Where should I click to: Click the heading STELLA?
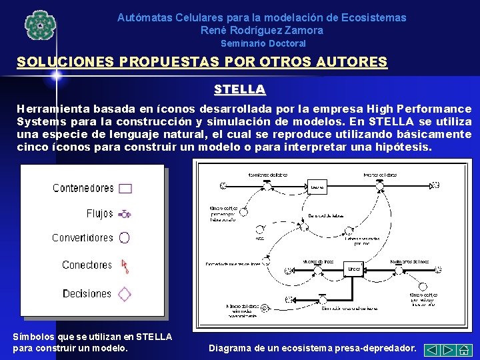[x=240, y=89]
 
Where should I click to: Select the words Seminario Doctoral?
[x=263, y=43]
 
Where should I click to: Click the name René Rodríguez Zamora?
[x=261, y=30]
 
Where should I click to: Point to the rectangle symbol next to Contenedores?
[x=125, y=188]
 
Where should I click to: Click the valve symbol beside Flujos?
[x=125, y=214]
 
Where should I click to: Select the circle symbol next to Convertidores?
[x=125, y=237]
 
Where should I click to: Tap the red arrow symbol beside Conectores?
[x=125, y=267]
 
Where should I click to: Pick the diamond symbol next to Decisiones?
[x=125, y=294]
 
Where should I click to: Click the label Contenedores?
[x=83, y=188]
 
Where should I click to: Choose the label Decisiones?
[x=87, y=294]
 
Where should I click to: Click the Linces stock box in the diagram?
[x=353, y=269]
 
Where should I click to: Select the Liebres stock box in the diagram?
[x=318, y=188]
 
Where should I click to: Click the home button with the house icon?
[x=465, y=349]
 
